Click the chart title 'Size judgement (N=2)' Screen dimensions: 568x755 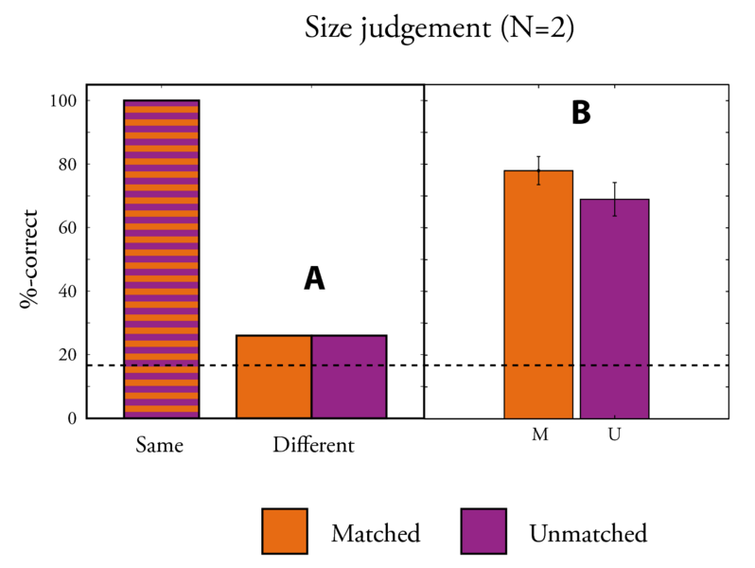pos(439,29)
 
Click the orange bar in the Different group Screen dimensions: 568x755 pos(273,377)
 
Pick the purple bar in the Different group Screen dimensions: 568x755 pos(349,377)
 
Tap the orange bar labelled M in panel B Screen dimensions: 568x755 pos(538,294)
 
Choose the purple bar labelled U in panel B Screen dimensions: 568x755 pos(614,309)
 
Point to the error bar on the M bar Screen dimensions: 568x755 pos(538,170)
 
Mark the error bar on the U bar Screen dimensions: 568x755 pos(614,199)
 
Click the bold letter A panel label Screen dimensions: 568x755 pos(314,278)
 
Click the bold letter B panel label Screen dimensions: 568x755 pos(580,113)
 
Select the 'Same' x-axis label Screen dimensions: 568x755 pos(159,444)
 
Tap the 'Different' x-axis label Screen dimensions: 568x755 pos(313,444)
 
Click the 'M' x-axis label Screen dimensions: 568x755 pos(538,435)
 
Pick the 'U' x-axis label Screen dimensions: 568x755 pos(614,435)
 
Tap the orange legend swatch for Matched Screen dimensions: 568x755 pos(284,532)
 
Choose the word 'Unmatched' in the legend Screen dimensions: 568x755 pos(588,533)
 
